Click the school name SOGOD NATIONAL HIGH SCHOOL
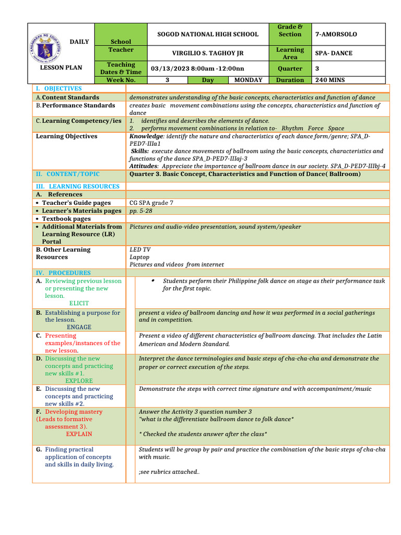[x=208, y=34]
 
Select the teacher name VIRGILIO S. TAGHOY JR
[x=208, y=53]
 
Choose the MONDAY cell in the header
[x=248, y=80]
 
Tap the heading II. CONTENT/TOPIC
[x=67, y=174]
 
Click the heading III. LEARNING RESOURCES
[x=77, y=186]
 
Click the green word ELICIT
[x=79, y=303]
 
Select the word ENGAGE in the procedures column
[x=79, y=327]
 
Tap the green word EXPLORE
[x=79, y=381]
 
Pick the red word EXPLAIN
[x=79, y=434]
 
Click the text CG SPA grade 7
[x=151, y=203]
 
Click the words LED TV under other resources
[x=140, y=250]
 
